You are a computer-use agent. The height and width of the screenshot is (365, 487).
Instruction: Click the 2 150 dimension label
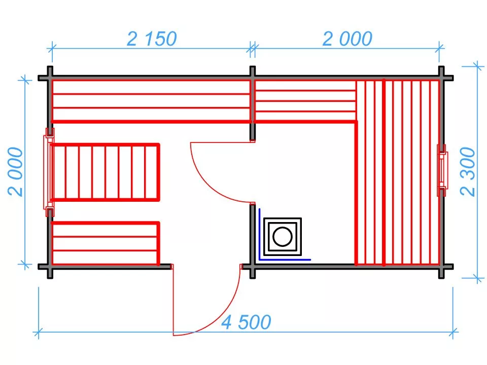(152, 39)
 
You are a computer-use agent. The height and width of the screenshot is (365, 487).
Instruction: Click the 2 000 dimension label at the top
(347, 39)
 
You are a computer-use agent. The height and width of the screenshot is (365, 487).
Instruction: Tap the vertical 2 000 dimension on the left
(16, 172)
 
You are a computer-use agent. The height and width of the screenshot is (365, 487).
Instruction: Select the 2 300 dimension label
(468, 172)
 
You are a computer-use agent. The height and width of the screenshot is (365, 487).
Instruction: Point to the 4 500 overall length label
(247, 322)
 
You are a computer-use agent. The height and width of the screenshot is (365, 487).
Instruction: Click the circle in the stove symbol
(283, 237)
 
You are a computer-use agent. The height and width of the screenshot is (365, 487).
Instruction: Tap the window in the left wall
(49, 172)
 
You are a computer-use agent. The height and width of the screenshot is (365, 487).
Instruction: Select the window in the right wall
(442, 170)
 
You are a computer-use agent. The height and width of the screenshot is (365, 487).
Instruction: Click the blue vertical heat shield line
(259, 234)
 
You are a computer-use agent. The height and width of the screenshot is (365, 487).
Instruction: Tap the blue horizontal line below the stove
(285, 260)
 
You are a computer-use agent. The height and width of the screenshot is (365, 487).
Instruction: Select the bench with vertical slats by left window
(106, 172)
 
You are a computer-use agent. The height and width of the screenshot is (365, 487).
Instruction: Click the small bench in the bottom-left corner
(106, 244)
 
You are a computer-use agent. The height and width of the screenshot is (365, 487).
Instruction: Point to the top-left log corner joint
(50, 78)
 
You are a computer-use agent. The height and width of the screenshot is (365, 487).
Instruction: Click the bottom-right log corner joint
(441, 267)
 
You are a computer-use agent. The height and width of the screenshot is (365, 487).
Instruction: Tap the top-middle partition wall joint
(253, 78)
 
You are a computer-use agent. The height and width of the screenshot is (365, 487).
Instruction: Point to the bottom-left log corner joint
(50, 267)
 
